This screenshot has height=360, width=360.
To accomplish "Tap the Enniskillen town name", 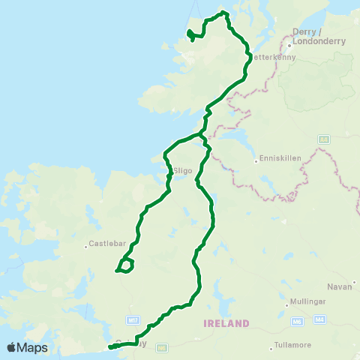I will [279, 158].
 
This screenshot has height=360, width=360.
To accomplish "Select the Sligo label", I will [184, 171].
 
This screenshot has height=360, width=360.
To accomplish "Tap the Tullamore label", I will [293, 348].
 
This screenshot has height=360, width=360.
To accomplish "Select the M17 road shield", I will [133, 320].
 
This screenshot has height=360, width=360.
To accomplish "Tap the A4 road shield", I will [323, 139].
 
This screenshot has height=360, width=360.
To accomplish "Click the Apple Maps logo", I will [27, 347].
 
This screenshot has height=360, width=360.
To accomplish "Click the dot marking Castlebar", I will [86, 243].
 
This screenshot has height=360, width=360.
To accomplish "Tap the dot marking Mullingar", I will [289, 306].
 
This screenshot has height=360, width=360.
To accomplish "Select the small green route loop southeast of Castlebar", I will [126, 265].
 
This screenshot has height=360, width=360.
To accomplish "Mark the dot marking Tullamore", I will [272, 348].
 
